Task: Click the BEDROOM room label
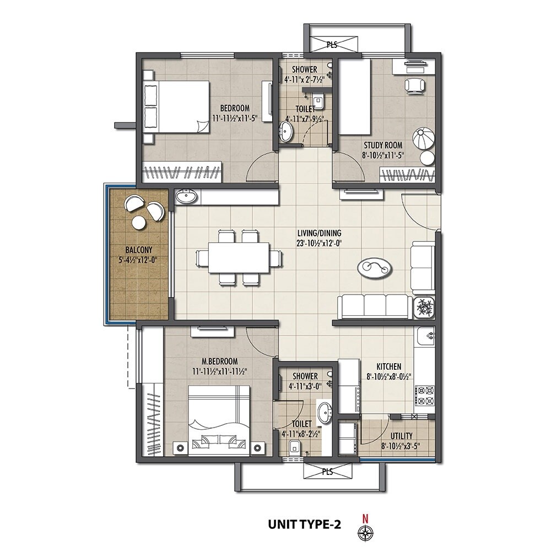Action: coord(235,108)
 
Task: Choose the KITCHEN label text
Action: coord(388,366)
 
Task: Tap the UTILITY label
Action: coord(401,436)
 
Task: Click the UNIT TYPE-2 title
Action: coord(304,525)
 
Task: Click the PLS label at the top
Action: coord(331,45)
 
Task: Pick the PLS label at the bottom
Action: coord(327,472)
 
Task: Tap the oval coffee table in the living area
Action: coord(375,268)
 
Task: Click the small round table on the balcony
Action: coord(138,222)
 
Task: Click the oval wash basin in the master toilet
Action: coord(325,410)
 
